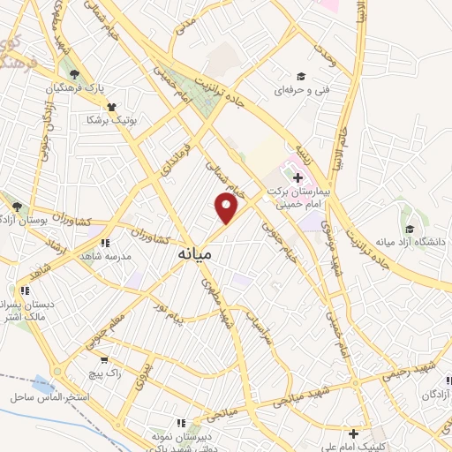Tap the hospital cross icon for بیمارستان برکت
(x=298, y=178)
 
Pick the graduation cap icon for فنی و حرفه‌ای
(x=301, y=76)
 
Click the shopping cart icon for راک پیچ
(x=105, y=360)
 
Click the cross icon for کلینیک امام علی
(x=353, y=433)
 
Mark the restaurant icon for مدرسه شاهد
(x=105, y=243)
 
